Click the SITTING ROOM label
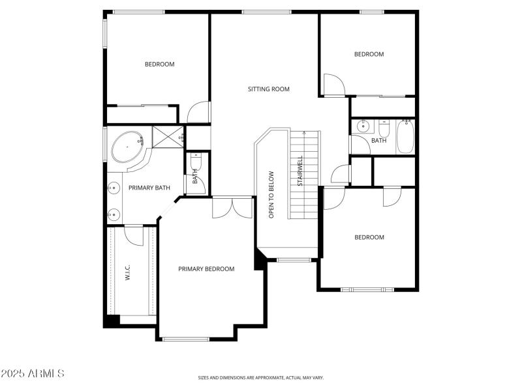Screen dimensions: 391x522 (268, 89)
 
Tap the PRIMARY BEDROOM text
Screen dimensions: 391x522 (206, 268)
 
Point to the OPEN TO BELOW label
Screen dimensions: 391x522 (271, 194)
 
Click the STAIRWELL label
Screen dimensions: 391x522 (300, 171)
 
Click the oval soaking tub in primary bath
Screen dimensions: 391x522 (128, 149)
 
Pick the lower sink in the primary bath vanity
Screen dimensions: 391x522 (113, 212)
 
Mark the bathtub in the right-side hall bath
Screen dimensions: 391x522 (405, 137)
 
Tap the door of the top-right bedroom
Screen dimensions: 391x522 (333, 85)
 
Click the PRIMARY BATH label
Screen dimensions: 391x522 (149, 188)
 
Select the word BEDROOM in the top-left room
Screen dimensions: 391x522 (159, 64)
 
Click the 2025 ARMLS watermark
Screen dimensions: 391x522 (33, 373)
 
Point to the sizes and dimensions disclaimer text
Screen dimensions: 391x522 (261, 377)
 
